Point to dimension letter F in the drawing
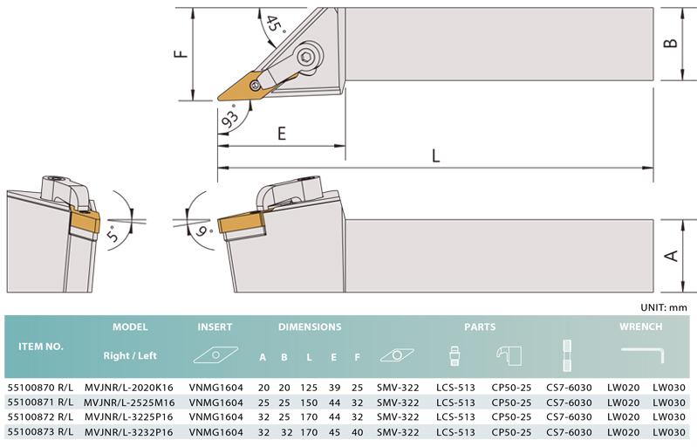tap(181, 54)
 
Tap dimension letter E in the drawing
tap(282, 134)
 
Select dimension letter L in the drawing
tap(435, 155)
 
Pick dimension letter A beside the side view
tap(671, 256)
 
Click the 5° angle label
tap(113, 233)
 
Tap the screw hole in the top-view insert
tap(255, 86)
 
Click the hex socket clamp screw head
tap(306, 57)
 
